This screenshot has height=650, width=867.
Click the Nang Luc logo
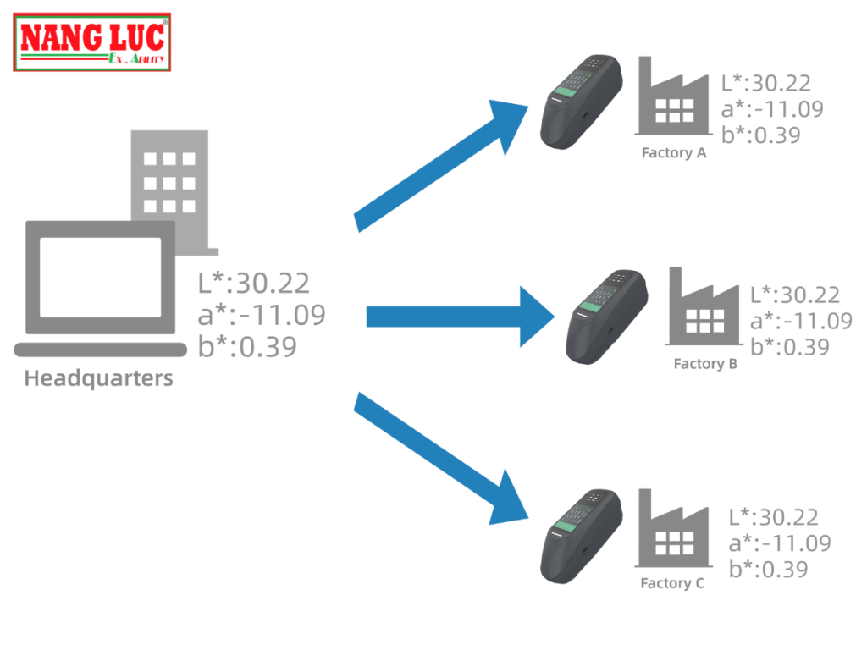(92, 42)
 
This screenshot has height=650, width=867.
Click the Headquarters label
(98, 378)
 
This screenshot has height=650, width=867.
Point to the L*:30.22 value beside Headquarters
(253, 283)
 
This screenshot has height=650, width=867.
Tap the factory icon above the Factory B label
(704, 308)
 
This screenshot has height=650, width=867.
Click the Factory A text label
(674, 154)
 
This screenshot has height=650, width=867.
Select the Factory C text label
(672, 584)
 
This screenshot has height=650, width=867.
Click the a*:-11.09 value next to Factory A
(771, 108)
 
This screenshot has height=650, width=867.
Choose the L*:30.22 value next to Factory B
(795, 295)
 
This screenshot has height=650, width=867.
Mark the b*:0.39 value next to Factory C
(768, 570)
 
